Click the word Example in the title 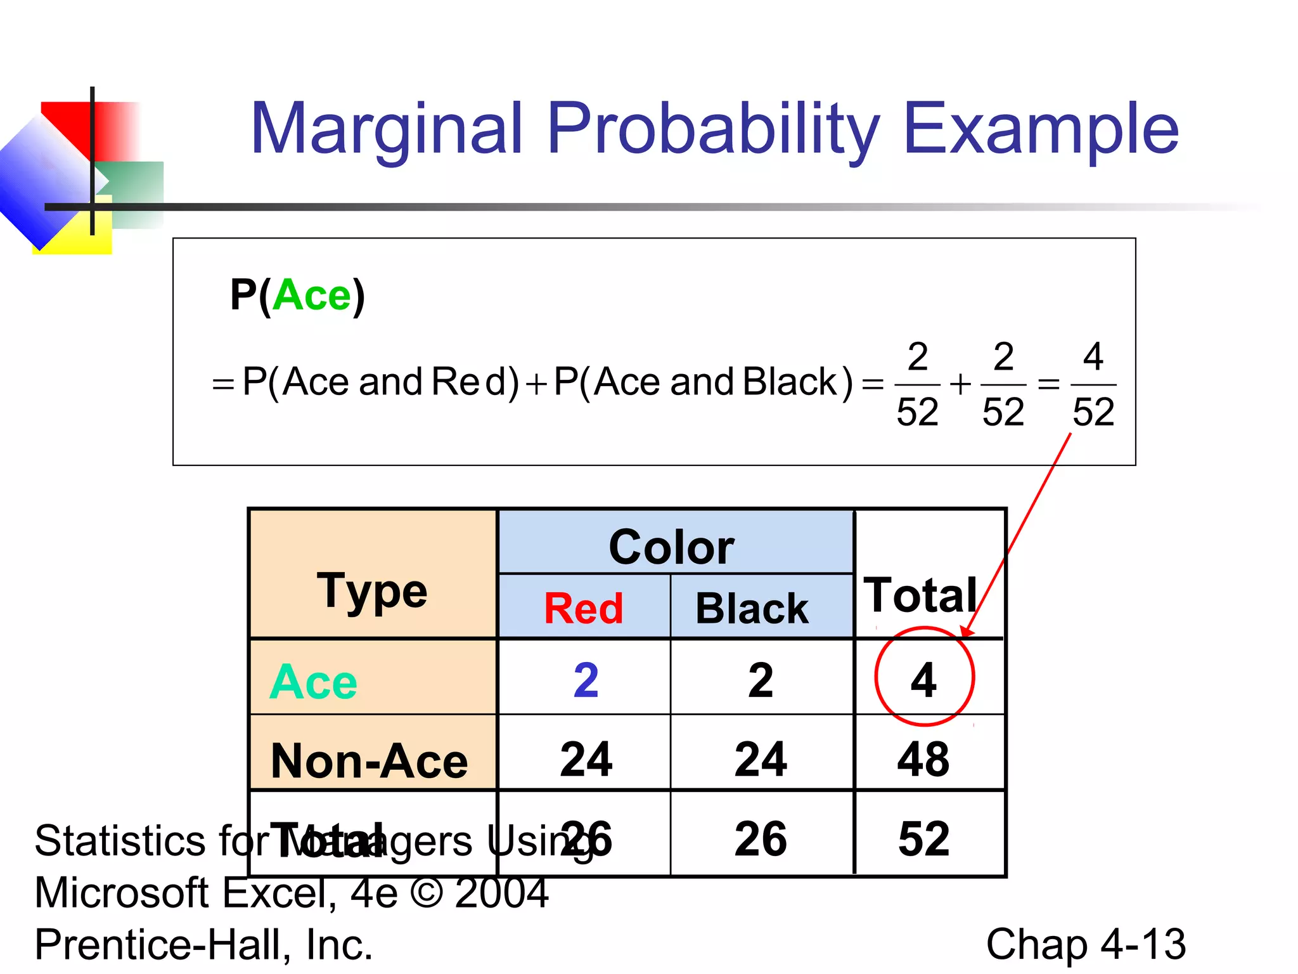tap(1041, 130)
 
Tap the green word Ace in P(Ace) tap(312, 295)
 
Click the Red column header tap(584, 609)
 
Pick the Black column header tap(752, 609)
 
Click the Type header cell tap(372, 591)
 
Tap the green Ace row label tap(313, 682)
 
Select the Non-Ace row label tap(369, 760)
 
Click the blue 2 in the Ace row tap(586, 680)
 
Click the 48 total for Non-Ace tap(924, 759)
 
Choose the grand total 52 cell tap(924, 838)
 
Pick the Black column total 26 tap(761, 838)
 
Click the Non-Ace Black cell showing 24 tap(761, 759)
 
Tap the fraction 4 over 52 tap(1093, 384)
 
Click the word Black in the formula tap(790, 382)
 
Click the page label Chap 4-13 tap(1086, 944)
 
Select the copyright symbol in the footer tap(427, 893)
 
